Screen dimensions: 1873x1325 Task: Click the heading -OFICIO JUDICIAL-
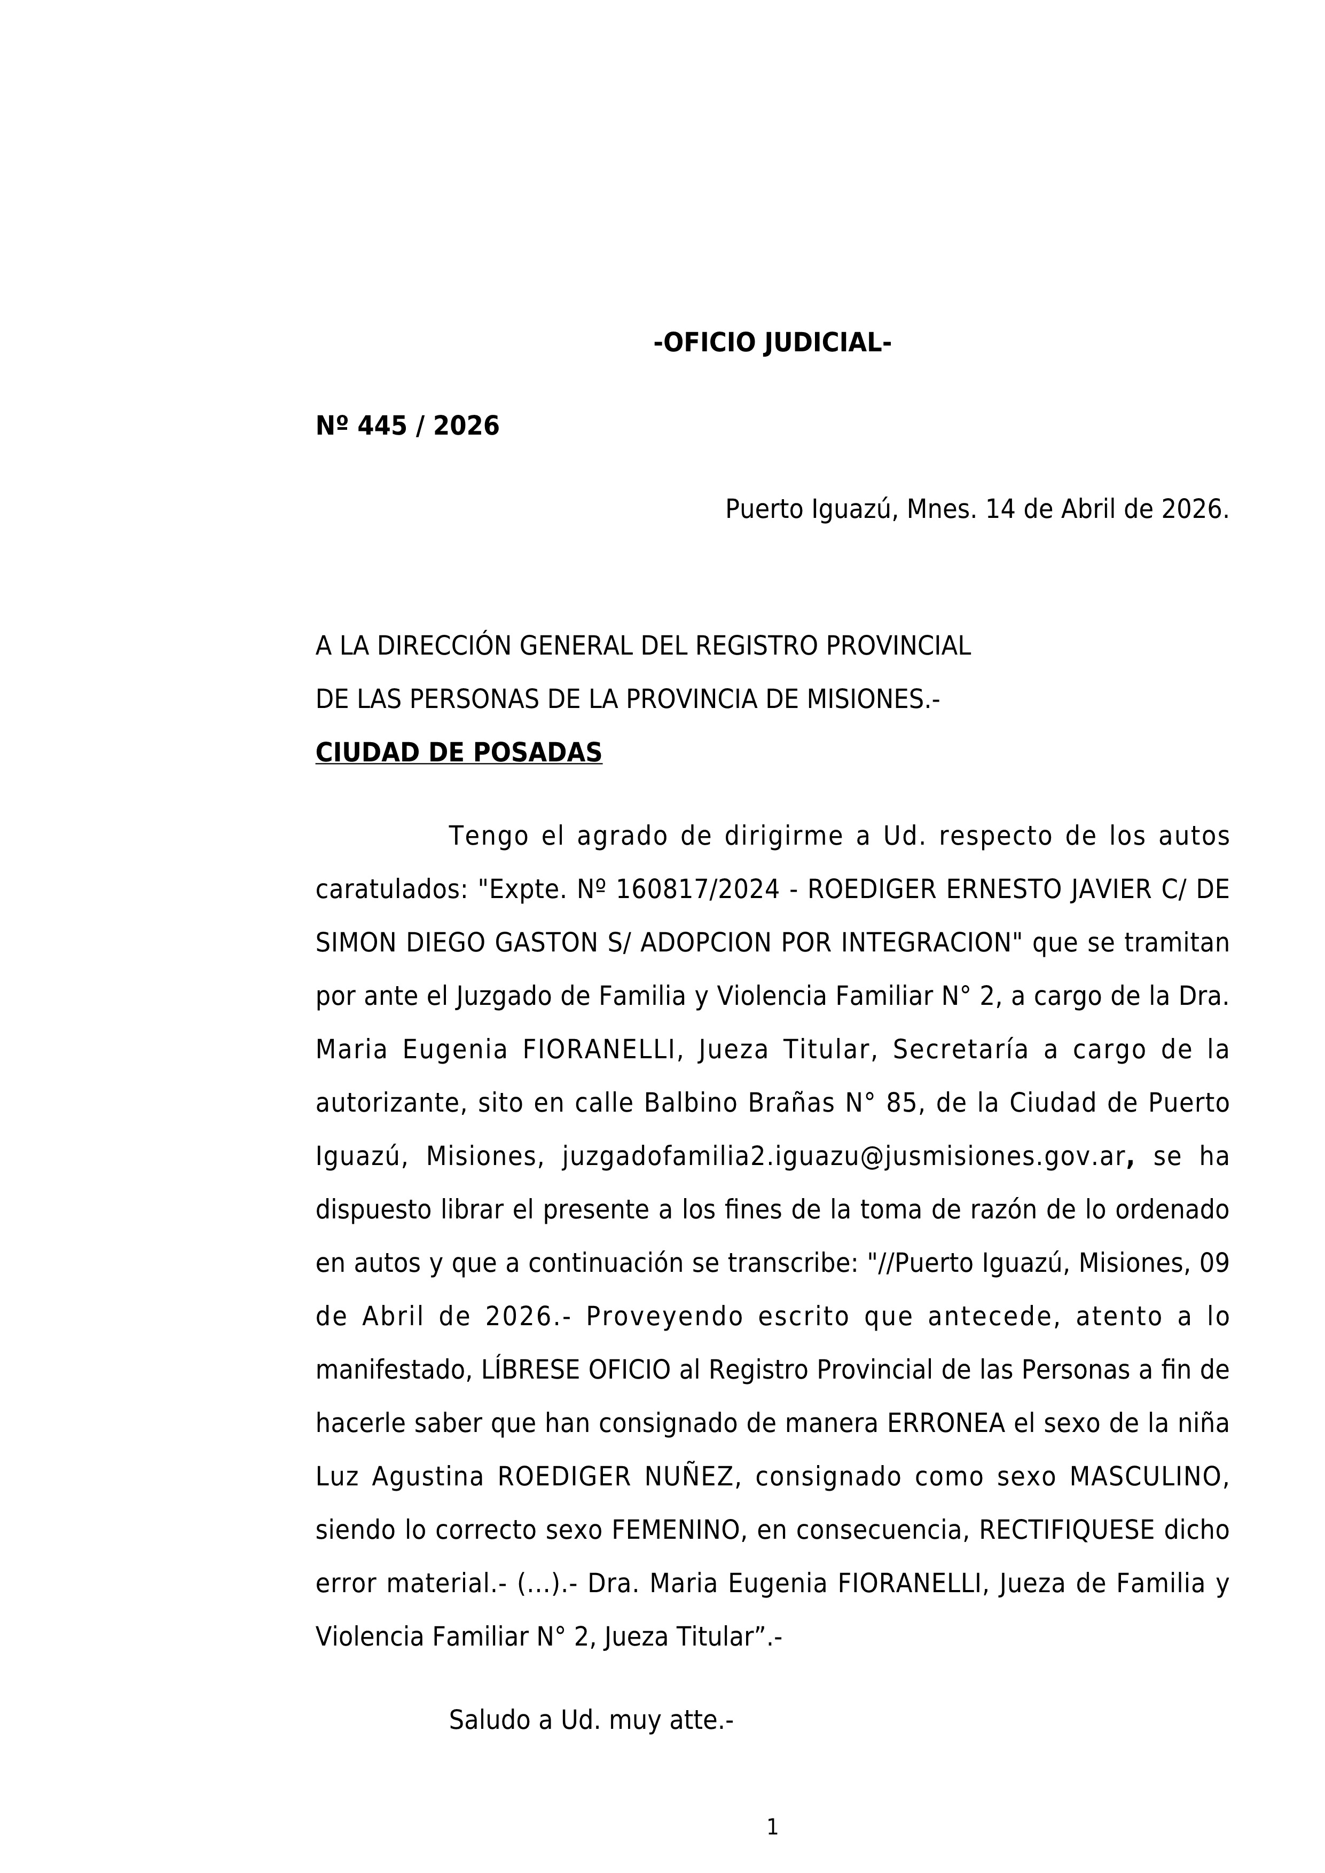(772, 343)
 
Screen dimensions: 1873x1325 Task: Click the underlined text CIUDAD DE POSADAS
(459, 753)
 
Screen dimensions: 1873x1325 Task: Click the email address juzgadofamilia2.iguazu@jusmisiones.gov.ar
(844, 1158)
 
